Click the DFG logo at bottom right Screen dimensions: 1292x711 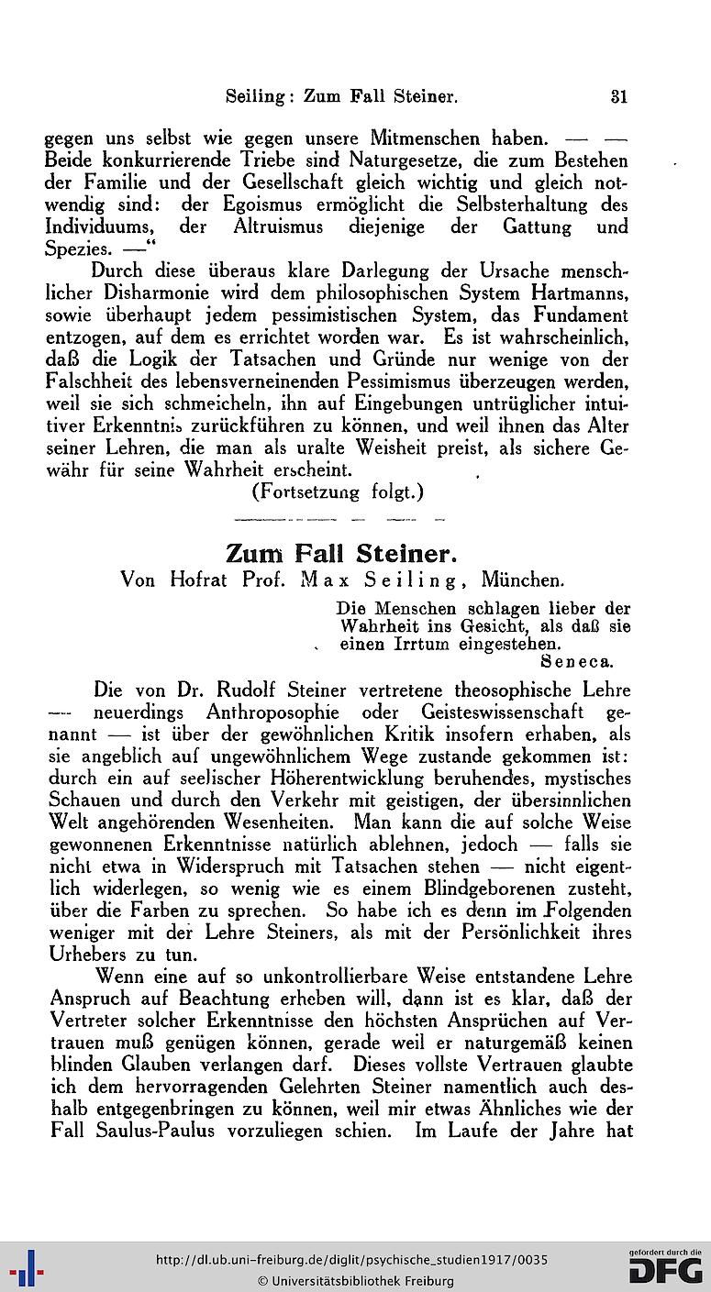pyautogui.click(x=666, y=1268)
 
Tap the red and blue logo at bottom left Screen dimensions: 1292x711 pyautogui.click(x=26, y=1269)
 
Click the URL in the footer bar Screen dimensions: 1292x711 pyautogui.click(x=351, y=1260)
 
